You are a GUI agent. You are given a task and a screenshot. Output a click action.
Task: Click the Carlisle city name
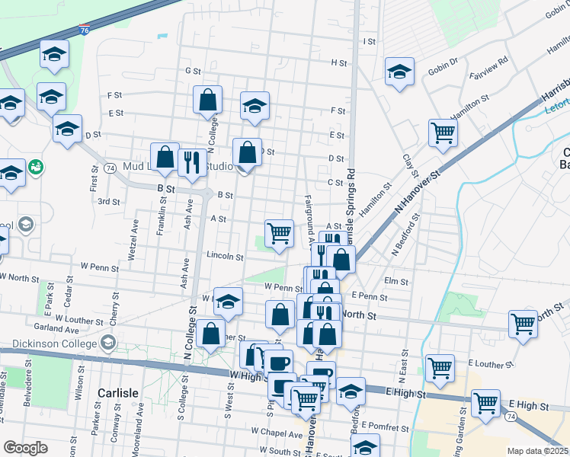118,393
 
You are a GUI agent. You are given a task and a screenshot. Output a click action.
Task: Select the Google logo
25,448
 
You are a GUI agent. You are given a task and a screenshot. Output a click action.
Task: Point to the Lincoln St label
224,257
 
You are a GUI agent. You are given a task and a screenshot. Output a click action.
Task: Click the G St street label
193,70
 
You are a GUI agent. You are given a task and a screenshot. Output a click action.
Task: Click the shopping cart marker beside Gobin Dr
442,133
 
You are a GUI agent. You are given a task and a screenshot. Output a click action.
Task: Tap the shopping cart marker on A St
280,233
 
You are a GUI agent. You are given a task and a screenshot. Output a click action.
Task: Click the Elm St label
397,281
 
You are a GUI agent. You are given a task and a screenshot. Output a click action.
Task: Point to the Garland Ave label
62,330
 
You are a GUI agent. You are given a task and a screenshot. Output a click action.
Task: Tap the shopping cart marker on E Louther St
440,369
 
